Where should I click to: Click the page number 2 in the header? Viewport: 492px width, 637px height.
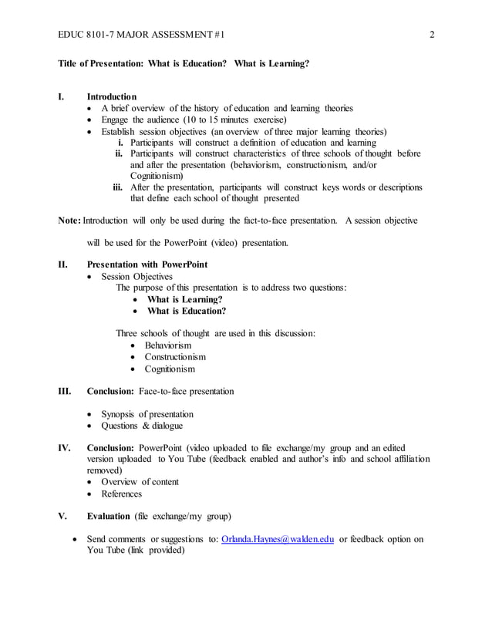433,35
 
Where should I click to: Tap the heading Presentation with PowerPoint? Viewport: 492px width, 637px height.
147,265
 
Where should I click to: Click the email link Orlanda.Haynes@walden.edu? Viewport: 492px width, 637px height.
278,539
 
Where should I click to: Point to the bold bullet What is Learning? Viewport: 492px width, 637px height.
184,299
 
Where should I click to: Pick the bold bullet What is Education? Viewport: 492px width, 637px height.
187,312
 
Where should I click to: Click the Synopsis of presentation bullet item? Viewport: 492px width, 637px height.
147,414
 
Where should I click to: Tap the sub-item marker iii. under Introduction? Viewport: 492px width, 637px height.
119,187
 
